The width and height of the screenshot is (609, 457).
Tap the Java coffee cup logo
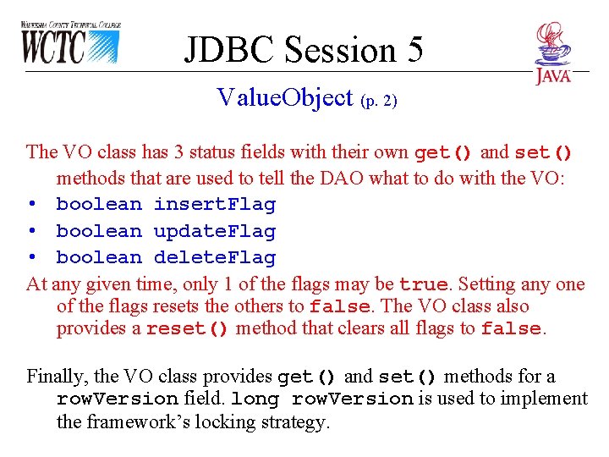click(x=553, y=52)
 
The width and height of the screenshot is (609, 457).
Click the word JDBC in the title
click(x=231, y=50)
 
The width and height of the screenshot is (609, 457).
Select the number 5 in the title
click(x=414, y=50)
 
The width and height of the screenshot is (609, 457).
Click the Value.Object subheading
click(x=284, y=98)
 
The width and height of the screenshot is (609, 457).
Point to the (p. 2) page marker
click(x=378, y=101)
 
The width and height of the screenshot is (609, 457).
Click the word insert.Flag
click(x=215, y=205)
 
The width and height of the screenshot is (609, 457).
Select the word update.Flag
click(x=215, y=231)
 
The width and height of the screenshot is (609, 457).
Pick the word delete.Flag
click(x=215, y=257)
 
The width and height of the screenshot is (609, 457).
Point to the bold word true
click(x=423, y=284)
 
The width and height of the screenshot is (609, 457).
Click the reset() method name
click(x=187, y=329)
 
